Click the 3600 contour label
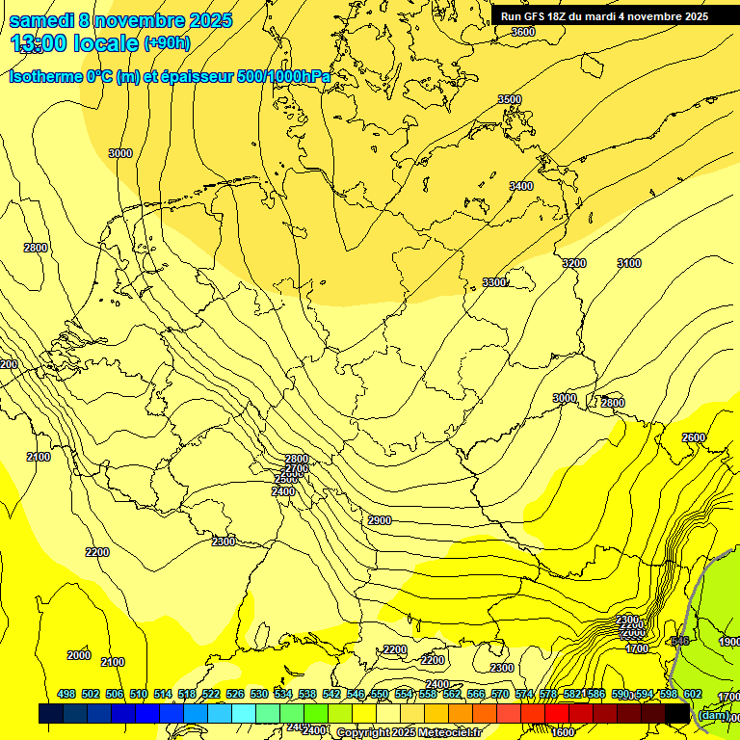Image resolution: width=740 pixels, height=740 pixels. tap(522, 32)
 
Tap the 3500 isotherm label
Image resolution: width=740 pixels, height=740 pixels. tap(509, 99)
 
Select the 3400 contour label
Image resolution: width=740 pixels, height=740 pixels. tap(520, 186)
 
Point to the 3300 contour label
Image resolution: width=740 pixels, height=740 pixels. tap(493, 282)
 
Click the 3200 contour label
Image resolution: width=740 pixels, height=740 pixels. tap(573, 263)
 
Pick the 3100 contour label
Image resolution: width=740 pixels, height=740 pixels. tap(628, 263)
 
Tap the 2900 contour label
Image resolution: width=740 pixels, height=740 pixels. tap(380, 520)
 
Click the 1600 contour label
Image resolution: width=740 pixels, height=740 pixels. tap(563, 732)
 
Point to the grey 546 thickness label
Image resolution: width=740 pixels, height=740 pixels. tap(679, 641)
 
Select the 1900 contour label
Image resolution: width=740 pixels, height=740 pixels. tap(729, 642)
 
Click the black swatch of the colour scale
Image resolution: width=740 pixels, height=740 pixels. tap(676, 713)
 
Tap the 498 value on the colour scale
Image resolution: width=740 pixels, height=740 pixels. tap(66, 694)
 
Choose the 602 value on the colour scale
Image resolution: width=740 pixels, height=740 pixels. tap(692, 694)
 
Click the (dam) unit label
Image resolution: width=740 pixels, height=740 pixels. tap(713, 714)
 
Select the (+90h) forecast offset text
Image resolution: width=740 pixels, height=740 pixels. tap(167, 42)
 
